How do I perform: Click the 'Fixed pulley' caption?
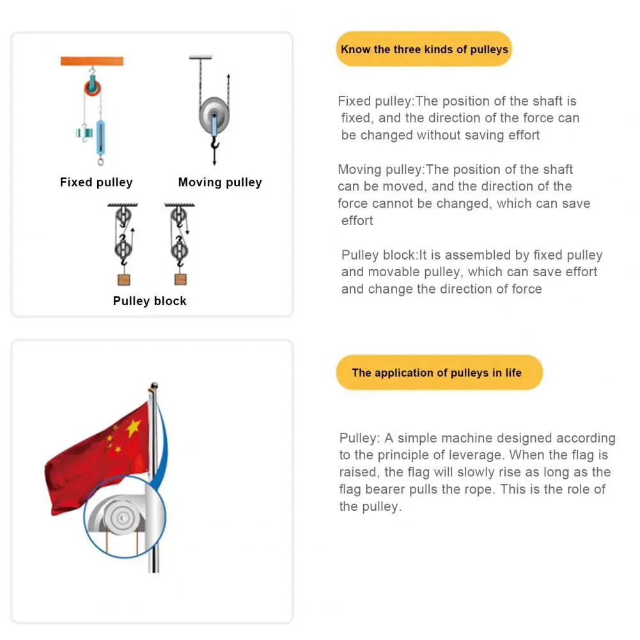(x=96, y=182)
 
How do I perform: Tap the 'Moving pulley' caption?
(x=220, y=182)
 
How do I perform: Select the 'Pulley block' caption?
(x=150, y=300)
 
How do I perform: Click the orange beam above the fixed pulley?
(x=92, y=61)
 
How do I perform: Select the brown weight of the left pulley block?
(x=124, y=279)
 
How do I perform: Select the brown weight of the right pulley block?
(x=181, y=279)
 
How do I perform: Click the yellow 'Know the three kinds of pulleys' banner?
(x=424, y=49)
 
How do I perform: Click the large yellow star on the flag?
(x=133, y=427)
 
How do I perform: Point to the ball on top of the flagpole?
(x=153, y=387)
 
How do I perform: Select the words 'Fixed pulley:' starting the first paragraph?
(x=376, y=101)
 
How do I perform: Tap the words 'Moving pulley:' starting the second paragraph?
(x=381, y=169)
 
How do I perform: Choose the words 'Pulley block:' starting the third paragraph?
(x=380, y=255)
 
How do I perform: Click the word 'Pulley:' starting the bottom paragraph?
(x=360, y=439)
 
